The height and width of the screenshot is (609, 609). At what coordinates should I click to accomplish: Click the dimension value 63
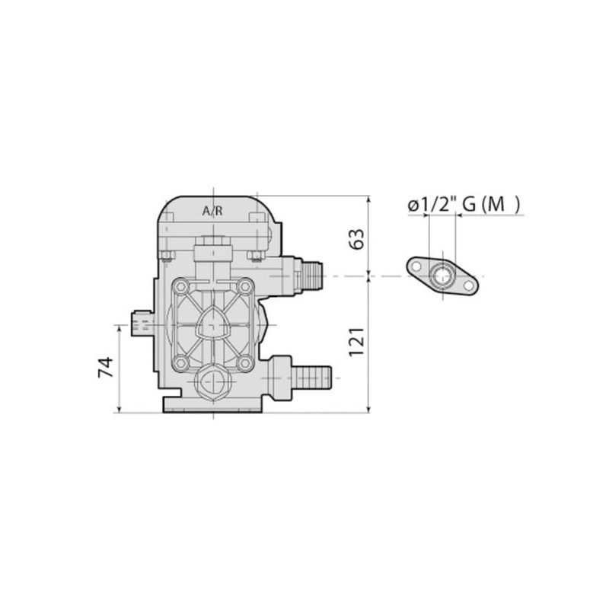coord(357,239)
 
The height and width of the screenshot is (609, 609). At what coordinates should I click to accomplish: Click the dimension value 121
coord(357,342)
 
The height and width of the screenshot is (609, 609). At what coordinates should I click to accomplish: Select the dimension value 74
coord(106,367)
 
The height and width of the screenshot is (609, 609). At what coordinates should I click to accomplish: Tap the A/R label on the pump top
coord(213,211)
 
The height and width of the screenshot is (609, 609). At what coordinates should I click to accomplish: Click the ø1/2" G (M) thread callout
coord(464,204)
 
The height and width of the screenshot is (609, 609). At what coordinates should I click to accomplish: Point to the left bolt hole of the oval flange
coord(416,267)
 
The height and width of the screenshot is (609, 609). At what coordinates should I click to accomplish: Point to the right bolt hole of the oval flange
coord(469,285)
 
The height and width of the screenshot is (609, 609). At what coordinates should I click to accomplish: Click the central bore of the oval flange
coord(442,276)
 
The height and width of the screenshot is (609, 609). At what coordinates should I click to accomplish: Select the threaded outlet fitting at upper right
coord(308,276)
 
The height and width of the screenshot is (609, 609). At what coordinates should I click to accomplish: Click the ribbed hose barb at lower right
coord(311,378)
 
